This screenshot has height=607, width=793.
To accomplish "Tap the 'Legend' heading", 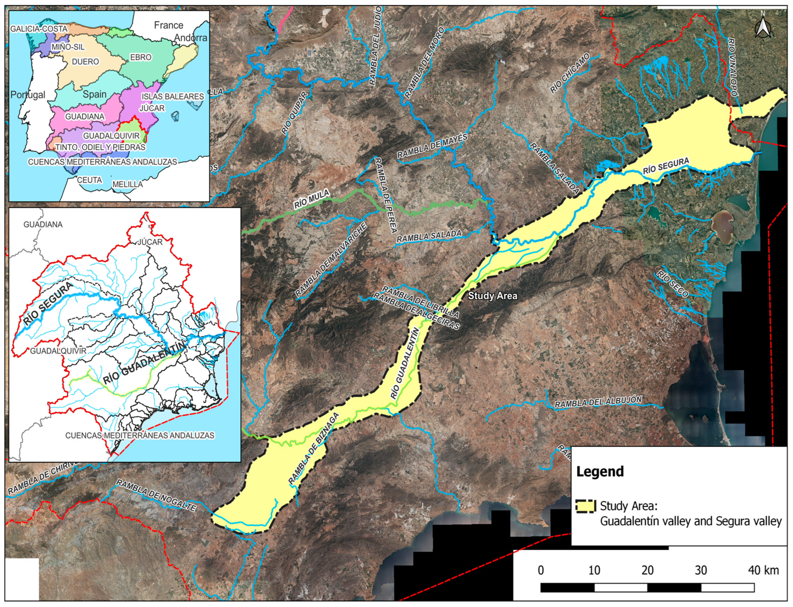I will pos(600,471).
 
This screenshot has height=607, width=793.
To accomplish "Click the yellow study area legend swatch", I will pos(585,506).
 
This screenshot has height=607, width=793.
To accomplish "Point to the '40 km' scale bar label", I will pos(763,570).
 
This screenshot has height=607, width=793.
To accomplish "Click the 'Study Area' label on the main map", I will pos(492,296).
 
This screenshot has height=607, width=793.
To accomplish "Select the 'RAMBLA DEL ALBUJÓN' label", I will pos(598,402).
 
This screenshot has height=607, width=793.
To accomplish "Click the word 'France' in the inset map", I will pos(168,25).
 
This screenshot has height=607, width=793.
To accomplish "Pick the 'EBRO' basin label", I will pos(141,57).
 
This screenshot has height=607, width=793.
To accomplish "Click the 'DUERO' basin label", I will pos(85,61).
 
